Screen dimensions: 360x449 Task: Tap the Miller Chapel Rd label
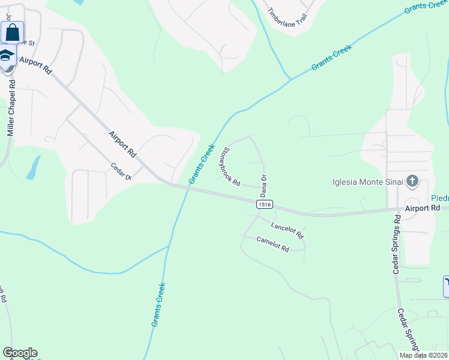pyautogui.click(x=11, y=106)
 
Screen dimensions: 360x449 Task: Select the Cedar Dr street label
pyautogui.click(x=121, y=171)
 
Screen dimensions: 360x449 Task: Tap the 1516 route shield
pyautogui.click(x=265, y=205)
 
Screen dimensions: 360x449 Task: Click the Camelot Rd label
pyautogui.click(x=273, y=244)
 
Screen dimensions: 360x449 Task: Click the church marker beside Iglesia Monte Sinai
pyautogui.click(x=412, y=181)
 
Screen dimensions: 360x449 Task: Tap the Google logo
pyautogui.click(x=20, y=353)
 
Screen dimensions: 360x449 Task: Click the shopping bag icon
pyautogui.click(x=12, y=32)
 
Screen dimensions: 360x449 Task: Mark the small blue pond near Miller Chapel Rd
pyautogui.click(x=34, y=167)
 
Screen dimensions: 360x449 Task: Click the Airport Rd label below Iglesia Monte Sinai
pyautogui.click(x=423, y=208)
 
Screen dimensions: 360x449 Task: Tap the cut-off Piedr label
pyautogui.click(x=439, y=198)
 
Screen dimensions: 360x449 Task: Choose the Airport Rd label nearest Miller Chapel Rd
pyautogui.click(x=36, y=65)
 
